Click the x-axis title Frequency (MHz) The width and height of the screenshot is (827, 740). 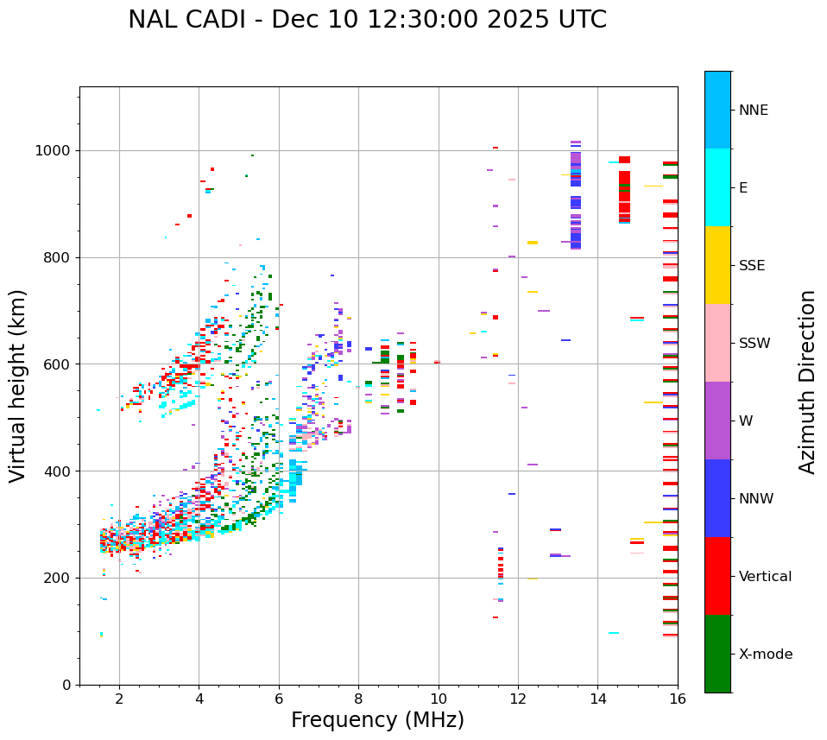(377, 720)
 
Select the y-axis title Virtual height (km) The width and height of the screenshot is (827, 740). (18, 386)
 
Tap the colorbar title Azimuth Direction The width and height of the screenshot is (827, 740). (807, 382)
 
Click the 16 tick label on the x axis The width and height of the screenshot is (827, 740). (678, 699)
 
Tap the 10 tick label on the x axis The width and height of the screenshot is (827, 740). (438, 699)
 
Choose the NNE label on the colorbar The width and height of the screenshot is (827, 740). (754, 111)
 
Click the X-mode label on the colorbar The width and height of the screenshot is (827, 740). (766, 655)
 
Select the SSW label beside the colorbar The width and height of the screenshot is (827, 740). (754, 344)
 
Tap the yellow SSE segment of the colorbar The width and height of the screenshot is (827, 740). (717, 265)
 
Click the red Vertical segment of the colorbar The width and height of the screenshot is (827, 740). (717, 576)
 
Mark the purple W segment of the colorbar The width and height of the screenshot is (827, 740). (717, 421)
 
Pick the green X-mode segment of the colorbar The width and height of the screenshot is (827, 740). (717, 654)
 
